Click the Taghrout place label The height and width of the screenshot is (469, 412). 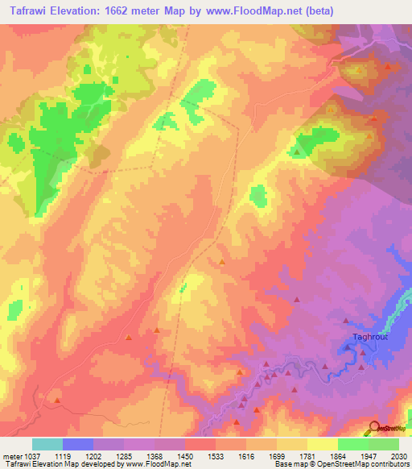371,336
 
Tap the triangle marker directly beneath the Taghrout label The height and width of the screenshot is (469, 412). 348,348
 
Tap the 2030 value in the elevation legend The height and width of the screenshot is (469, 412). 397,454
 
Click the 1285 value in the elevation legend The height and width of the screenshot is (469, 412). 122,454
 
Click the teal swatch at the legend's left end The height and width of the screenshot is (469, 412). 47,444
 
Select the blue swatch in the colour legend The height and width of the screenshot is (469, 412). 77,444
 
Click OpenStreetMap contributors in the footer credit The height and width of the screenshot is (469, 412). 368,463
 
